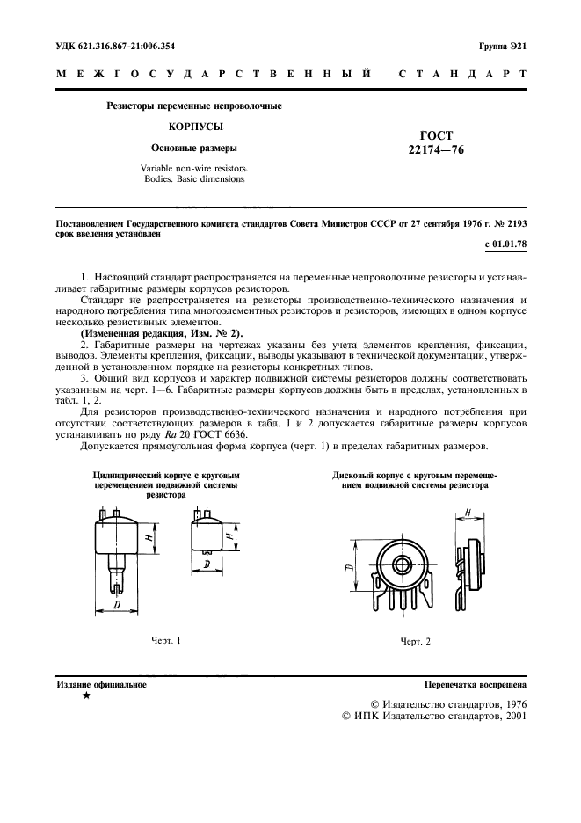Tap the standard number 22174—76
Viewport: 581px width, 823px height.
pyautogui.click(x=436, y=150)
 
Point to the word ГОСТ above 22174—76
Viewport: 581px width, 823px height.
pyautogui.click(x=437, y=135)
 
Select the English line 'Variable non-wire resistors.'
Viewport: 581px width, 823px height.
pyautogui.click(x=194, y=167)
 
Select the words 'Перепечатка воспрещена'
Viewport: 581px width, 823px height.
pyautogui.click(x=475, y=683)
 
